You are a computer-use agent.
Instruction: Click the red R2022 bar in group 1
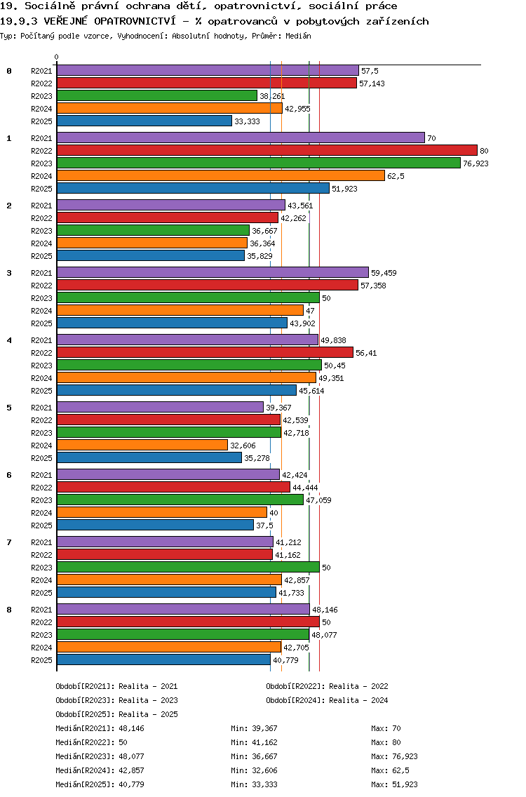267,151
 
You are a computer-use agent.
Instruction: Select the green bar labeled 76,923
258,163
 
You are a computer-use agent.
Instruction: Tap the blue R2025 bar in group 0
144,121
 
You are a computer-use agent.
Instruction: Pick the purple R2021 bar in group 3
212,273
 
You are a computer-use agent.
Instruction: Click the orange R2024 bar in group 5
142,446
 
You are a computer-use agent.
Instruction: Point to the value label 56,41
366,353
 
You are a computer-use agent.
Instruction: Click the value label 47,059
317,500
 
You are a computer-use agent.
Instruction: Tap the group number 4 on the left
9,340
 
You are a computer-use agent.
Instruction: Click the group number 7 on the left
9,542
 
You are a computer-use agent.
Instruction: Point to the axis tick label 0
57,58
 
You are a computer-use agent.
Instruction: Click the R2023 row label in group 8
41,635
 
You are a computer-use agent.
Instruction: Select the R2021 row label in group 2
41,206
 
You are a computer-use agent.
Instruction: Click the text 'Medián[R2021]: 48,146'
100,728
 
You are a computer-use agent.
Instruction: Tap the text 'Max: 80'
386,742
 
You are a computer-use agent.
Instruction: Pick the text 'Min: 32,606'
254,770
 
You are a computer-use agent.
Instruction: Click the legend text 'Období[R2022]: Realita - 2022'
327,686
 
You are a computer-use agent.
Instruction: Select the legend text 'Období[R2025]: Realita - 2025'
116,714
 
